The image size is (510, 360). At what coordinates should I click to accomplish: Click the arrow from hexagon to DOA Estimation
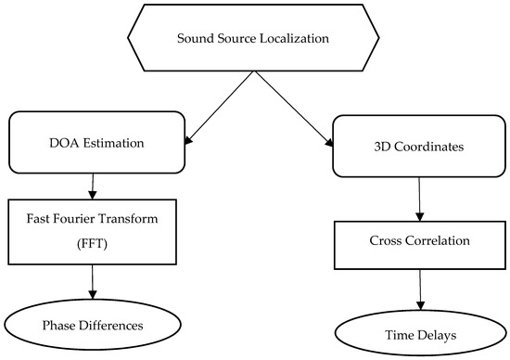[222, 107]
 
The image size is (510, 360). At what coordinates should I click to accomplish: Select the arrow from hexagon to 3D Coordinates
[293, 107]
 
